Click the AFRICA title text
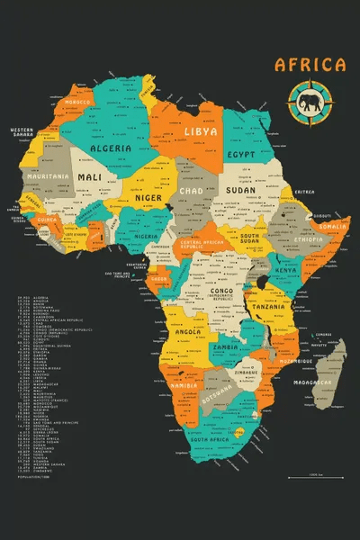pos(310,64)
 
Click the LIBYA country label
pos(200,131)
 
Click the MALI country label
pos(90,178)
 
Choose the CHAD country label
pos(191,191)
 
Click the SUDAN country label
pos(240,191)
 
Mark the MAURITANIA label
pos(48,176)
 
